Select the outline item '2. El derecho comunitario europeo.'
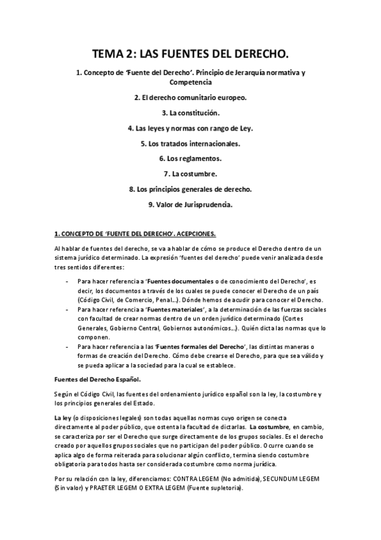tap(190, 97)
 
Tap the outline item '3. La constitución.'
tap(190, 113)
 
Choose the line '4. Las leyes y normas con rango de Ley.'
tap(190, 128)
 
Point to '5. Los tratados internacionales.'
tap(190, 143)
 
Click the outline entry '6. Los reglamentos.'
tap(190, 159)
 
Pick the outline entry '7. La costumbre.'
tap(190, 174)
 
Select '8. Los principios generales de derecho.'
tap(190, 189)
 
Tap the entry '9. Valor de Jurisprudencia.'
tap(190, 204)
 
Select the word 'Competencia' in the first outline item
tap(190, 82)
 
